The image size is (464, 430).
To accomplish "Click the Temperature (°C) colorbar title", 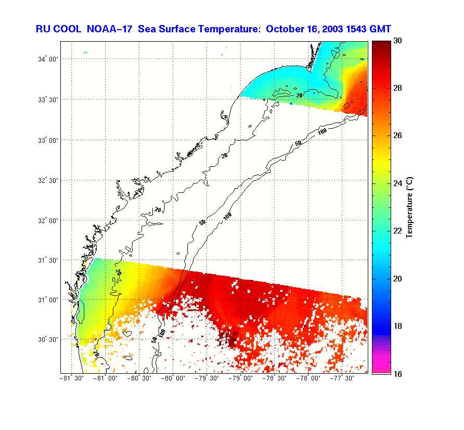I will point(409,207).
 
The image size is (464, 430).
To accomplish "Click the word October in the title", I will point(285,29).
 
